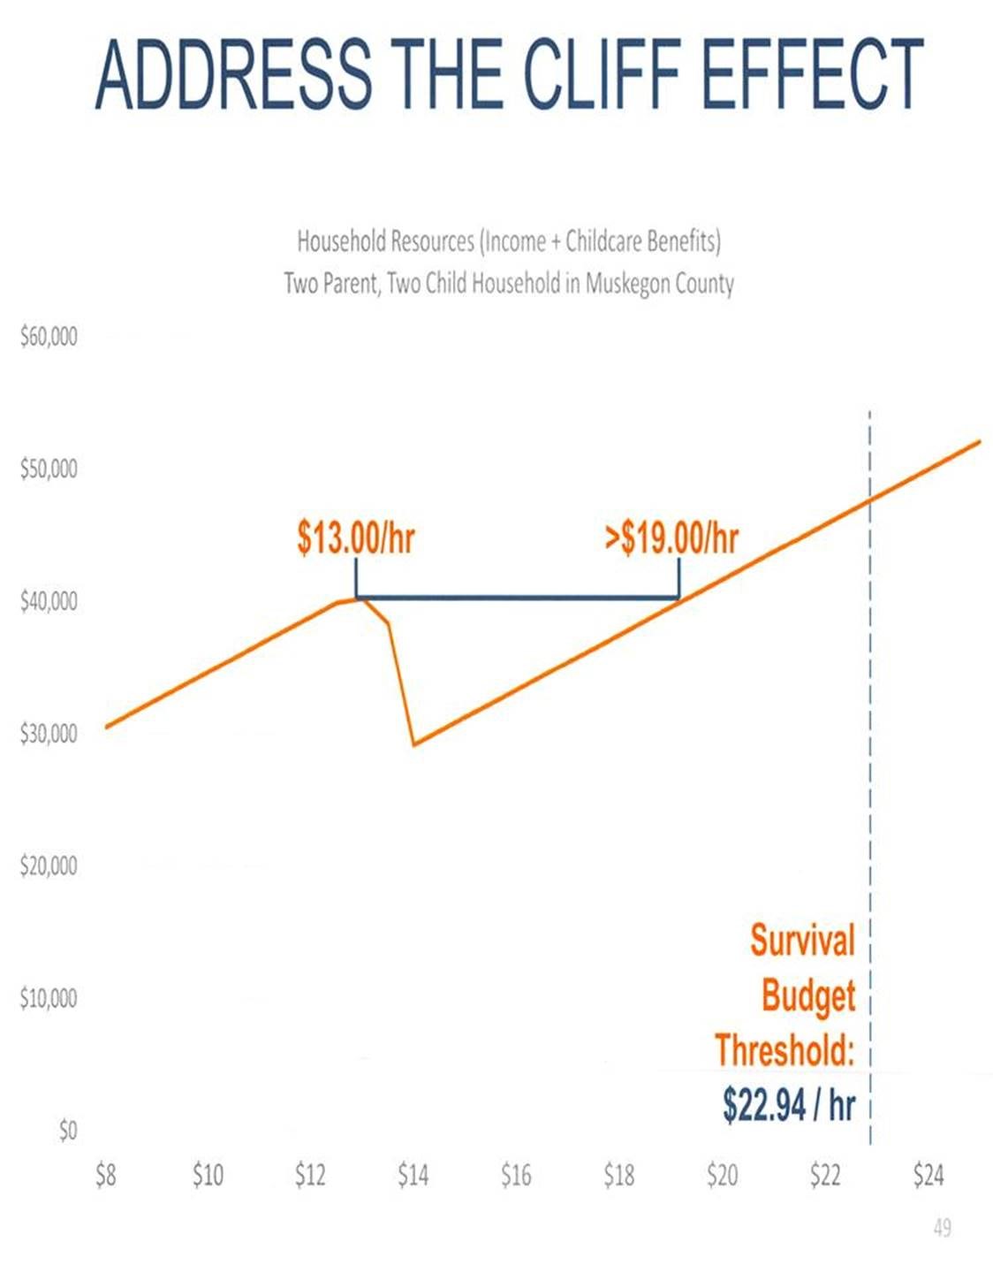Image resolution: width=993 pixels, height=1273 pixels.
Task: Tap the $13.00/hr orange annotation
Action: (355, 537)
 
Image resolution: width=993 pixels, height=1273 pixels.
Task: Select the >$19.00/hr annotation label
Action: (671, 537)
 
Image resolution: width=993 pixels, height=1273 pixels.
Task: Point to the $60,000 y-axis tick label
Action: (49, 337)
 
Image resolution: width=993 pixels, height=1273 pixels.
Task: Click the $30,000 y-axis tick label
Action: (49, 734)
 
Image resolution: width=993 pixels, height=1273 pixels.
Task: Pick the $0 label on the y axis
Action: (67, 1131)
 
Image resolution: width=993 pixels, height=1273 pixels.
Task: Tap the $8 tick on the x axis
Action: (105, 1175)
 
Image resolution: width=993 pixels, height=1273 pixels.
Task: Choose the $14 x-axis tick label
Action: (413, 1175)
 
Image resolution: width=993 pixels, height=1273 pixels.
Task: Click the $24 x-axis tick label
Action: (928, 1175)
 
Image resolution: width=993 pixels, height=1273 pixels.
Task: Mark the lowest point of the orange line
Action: (414, 744)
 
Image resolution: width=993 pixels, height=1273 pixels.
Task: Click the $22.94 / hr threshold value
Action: (789, 1104)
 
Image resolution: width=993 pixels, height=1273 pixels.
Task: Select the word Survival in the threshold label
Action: (802, 940)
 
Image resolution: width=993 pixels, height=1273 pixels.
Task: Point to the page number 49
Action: (942, 1228)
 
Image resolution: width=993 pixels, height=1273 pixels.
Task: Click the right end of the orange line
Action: (980, 440)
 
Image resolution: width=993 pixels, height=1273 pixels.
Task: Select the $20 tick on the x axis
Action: (722, 1175)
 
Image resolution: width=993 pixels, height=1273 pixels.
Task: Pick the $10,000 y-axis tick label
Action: (49, 998)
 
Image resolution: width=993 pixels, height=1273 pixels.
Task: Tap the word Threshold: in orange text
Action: (785, 1050)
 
